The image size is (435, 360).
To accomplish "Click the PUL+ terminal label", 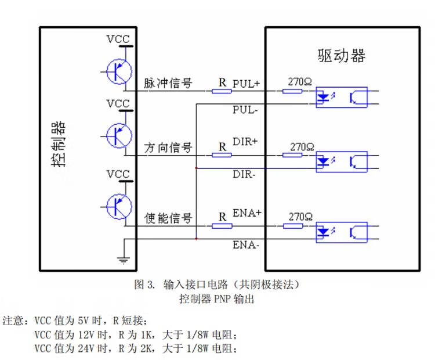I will pos(246,84).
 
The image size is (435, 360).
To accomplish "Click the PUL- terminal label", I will pos(245,109).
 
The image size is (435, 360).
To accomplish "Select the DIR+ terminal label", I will pos(245,142).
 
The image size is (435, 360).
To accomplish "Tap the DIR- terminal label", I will pos(244,174).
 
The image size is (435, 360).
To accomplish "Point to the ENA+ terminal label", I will pos(247,213).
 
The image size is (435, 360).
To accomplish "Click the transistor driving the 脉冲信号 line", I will pos(118,71).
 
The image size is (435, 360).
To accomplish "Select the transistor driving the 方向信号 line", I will pos(118,136).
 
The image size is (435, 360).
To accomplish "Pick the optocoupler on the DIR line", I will pos(341,161).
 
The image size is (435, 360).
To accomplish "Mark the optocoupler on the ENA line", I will pos(341,232).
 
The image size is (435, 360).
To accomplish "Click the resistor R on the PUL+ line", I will pos(221,91).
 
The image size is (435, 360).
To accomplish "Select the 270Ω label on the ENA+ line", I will pos(301,216).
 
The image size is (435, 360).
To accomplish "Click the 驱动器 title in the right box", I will pos(342,56).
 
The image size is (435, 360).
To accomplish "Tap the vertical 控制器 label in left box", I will pos(58,145).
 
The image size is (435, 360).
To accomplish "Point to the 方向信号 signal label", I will pos(168,148).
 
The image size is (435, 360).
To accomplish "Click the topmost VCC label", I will pos(118,39).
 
